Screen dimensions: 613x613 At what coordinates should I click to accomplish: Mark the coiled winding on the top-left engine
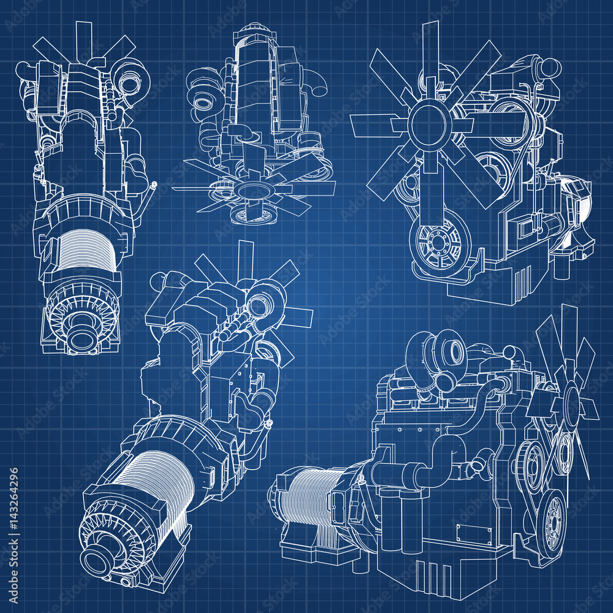[85, 248]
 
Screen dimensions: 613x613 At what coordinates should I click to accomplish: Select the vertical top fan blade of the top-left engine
[83, 37]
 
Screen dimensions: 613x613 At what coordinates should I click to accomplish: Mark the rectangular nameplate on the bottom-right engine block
[474, 533]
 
